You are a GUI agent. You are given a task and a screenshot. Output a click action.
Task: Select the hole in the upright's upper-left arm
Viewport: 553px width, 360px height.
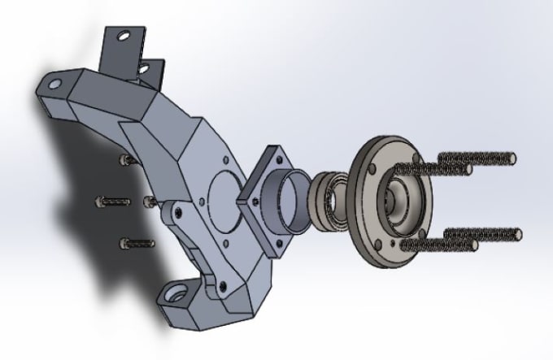[x=54, y=83]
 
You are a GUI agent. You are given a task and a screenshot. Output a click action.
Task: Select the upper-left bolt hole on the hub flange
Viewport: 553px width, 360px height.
[x=372, y=168]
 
